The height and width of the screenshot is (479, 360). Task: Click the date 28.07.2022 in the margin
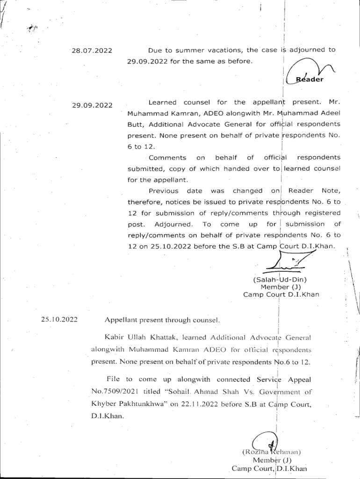pyautogui.click(x=92, y=51)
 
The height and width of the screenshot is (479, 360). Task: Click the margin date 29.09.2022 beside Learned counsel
pyautogui.click(x=92, y=105)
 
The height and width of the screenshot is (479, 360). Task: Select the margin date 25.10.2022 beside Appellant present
pyautogui.click(x=58, y=320)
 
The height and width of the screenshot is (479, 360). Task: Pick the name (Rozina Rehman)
pyautogui.click(x=271, y=452)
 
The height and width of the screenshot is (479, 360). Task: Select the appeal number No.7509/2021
pyautogui.click(x=115, y=391)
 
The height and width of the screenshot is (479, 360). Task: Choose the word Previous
pyautogui.click(x=163, y=191)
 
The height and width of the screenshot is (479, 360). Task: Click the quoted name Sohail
pyautogui.click(x=192, y=392)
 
